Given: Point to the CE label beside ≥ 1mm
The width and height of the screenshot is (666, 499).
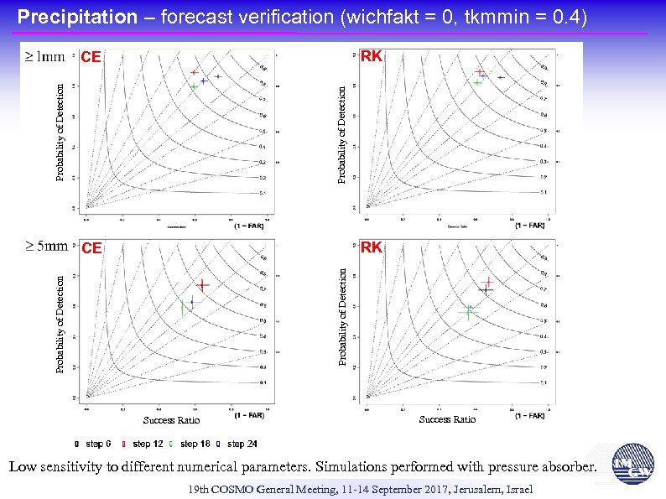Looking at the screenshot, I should pos(91,58).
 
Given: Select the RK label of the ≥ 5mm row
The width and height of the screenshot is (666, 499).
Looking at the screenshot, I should pos(372,247).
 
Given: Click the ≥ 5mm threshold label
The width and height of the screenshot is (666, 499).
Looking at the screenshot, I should pos(44,247).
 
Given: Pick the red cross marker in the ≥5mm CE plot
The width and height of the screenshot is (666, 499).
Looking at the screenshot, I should pos(203,285).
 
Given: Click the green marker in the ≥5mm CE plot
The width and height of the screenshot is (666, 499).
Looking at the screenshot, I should pos(182,308).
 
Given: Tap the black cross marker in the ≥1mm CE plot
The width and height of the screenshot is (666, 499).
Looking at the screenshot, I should pos(217,76).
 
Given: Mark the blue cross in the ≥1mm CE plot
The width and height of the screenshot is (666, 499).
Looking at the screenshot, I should pos(204,81).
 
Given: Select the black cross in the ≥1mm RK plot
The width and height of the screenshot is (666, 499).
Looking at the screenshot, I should pos(500,77).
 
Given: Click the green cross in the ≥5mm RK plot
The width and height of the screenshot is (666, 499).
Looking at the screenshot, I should pos(468,312).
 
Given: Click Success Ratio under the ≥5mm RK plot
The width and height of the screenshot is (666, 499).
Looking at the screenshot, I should pos(447,419).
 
